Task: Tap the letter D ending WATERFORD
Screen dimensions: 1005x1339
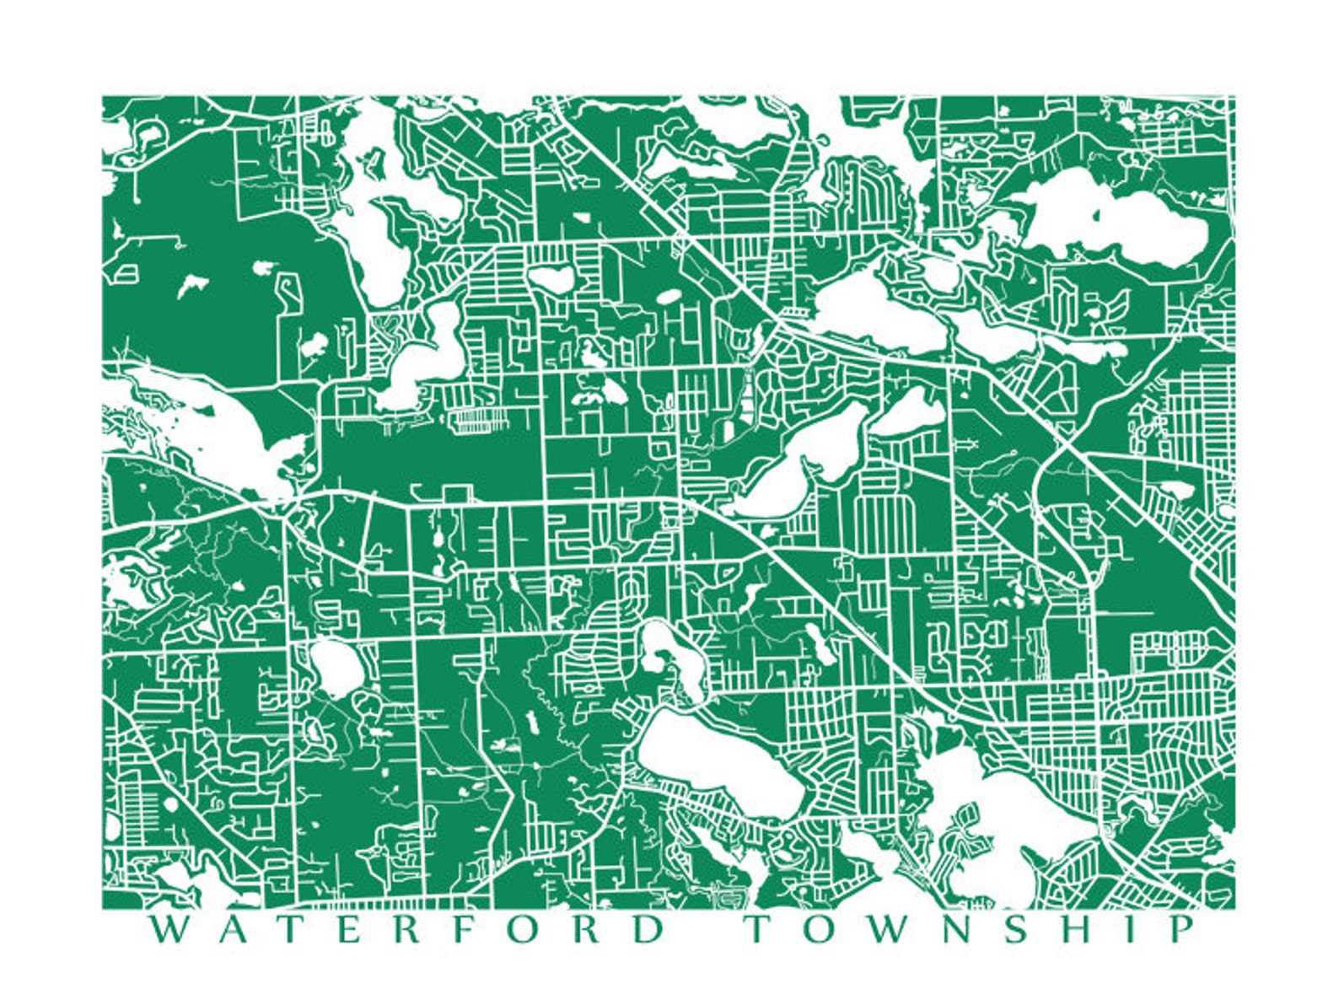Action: tap(648, 930)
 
